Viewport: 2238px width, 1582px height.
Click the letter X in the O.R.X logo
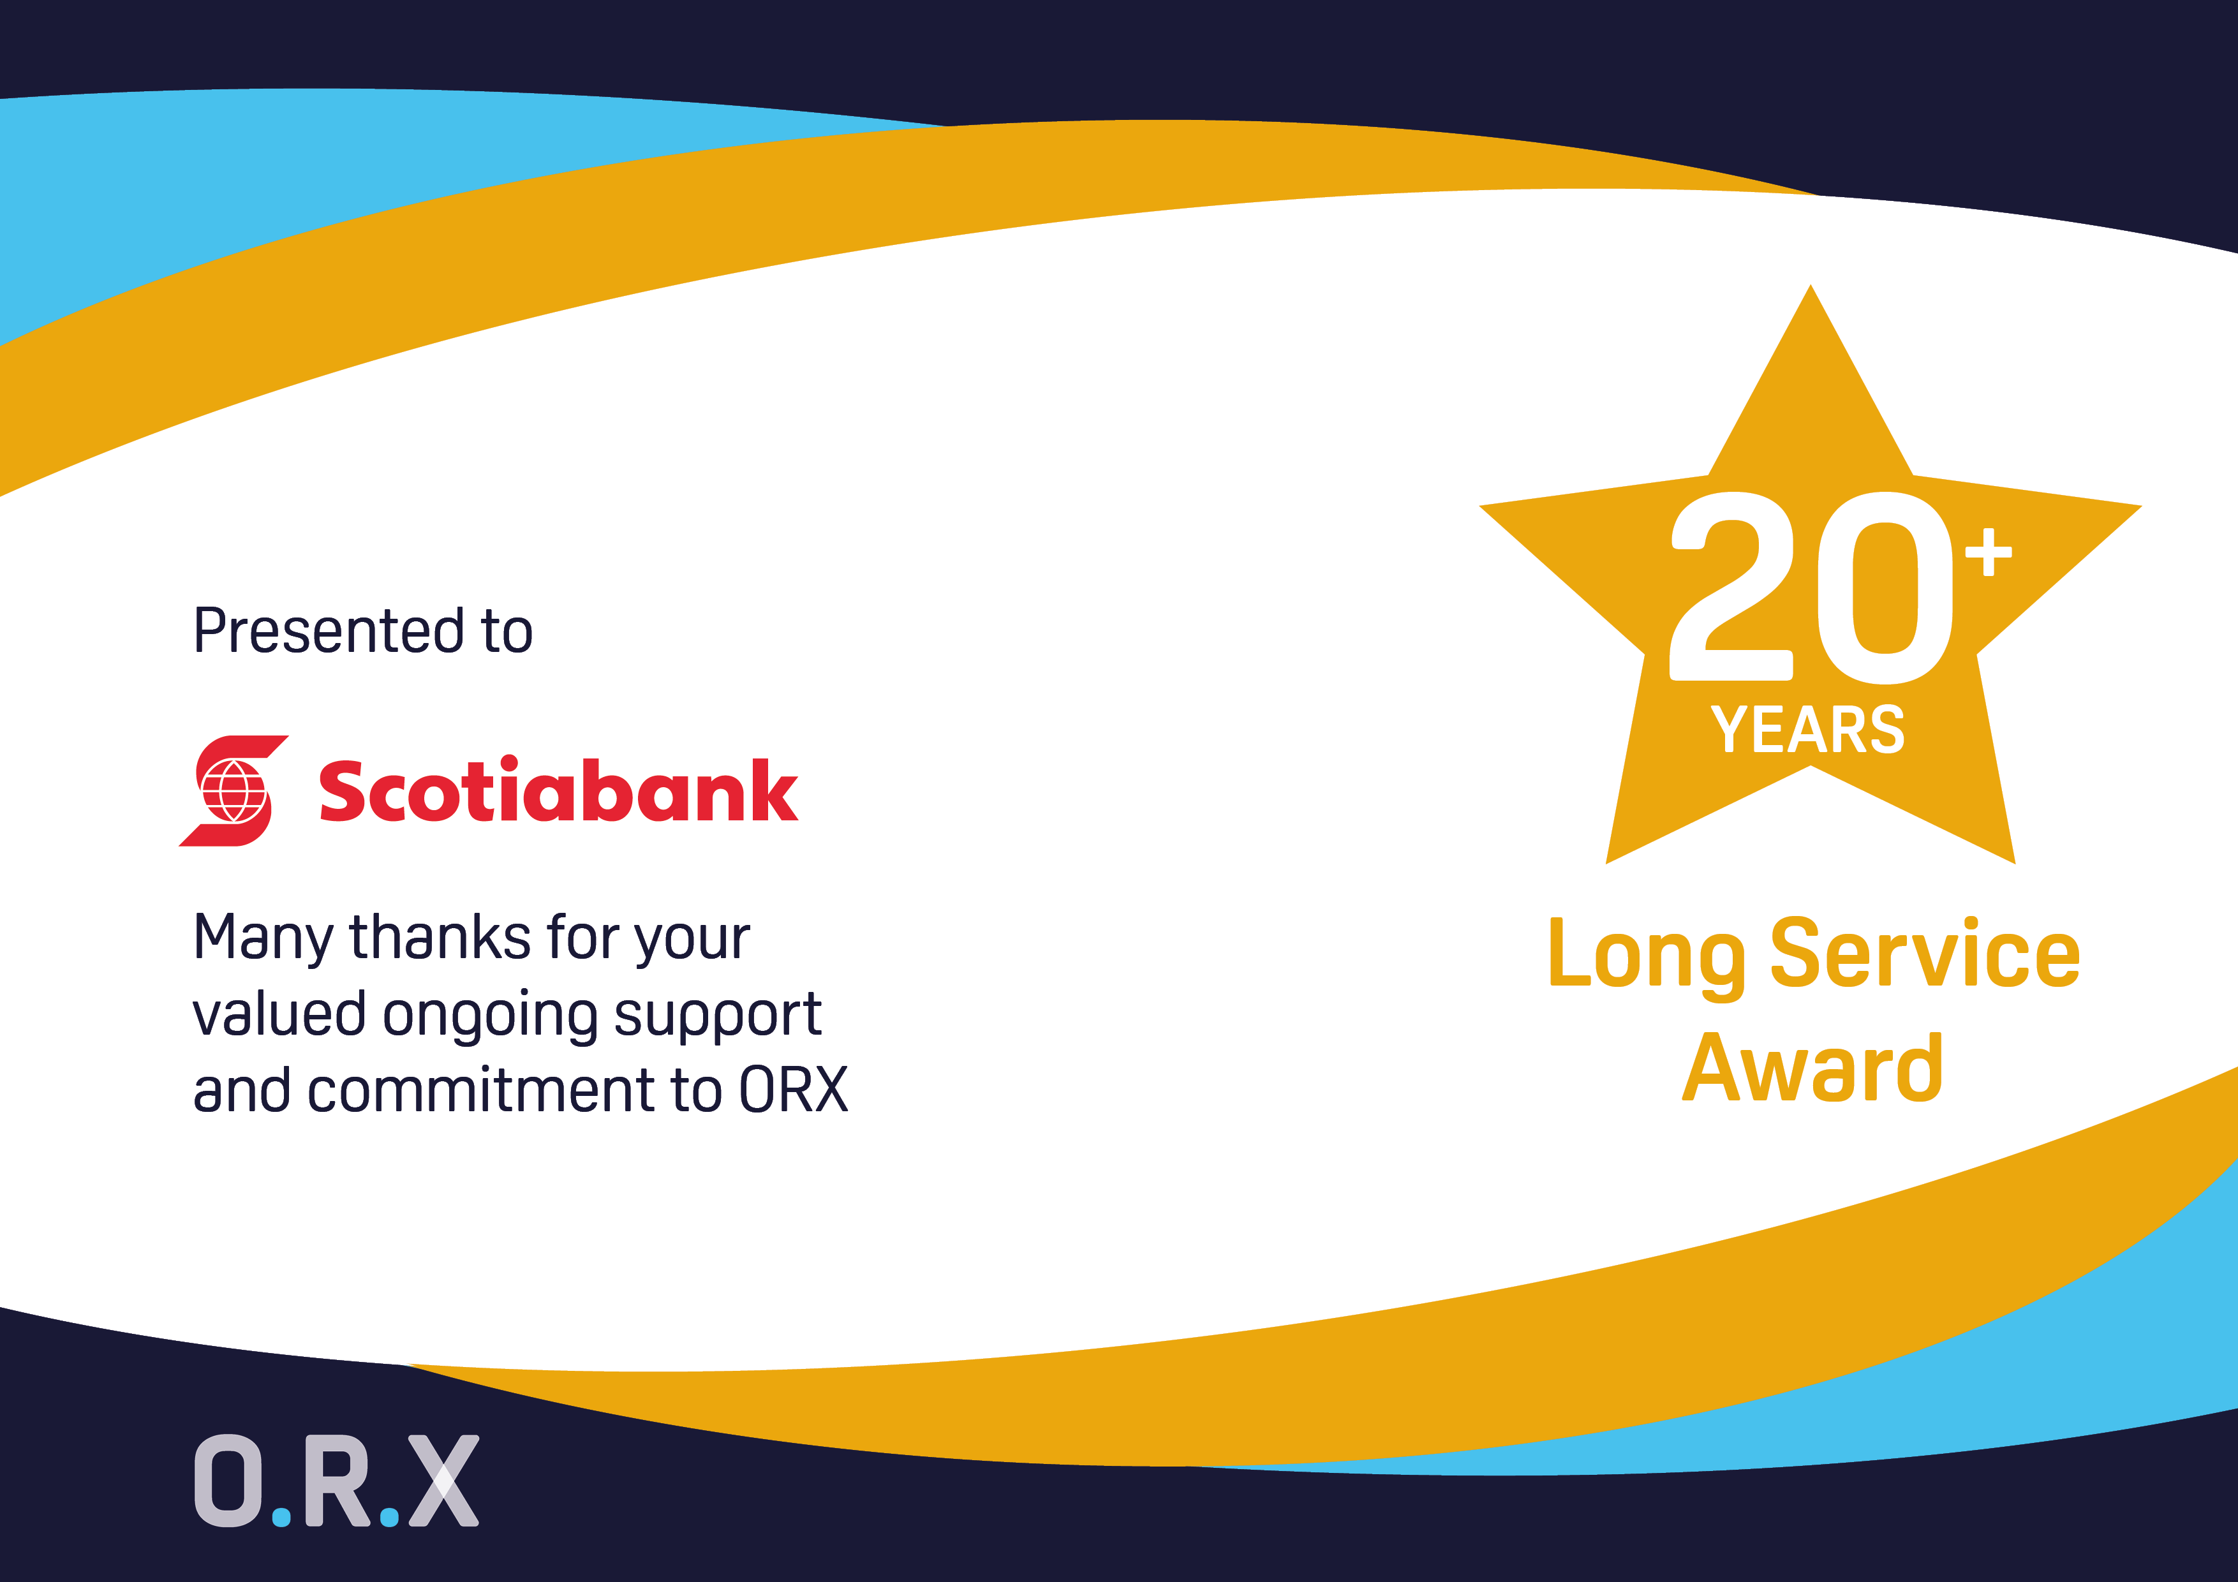[443, 1481]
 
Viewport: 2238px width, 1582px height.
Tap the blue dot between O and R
[282, 1517]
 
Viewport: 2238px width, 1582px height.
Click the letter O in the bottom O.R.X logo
[228, 1481]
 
